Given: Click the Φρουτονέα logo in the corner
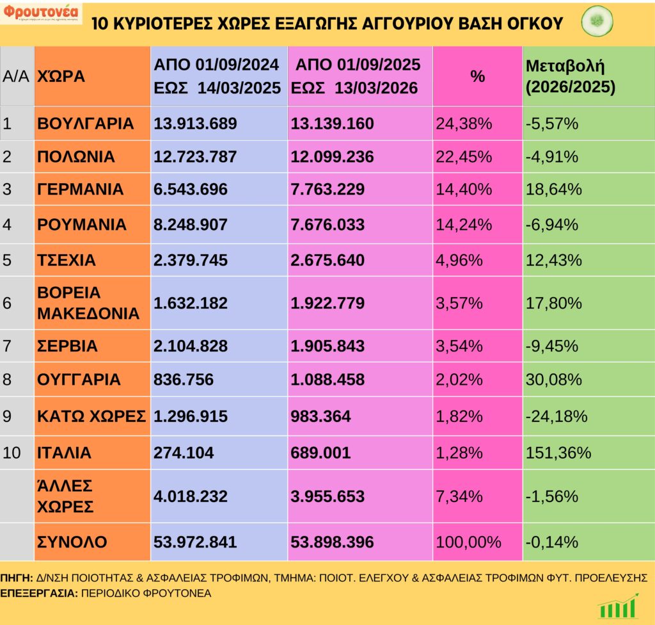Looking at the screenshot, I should click(x=41, y=13).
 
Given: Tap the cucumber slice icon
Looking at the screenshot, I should click(x=597, y=22).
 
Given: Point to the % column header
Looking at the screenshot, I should click(x=477, y=76).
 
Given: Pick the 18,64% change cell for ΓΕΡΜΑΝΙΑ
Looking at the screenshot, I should click(x=553, y=190).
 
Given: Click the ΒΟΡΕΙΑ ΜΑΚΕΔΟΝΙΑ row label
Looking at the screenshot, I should click(x=88, y=303).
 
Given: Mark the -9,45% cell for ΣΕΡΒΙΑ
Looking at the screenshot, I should click(x=551, y=346).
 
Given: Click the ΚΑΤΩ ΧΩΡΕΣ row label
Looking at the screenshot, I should click(x=91, y=416).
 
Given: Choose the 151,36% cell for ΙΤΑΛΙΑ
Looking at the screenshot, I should click(x=557, y=453).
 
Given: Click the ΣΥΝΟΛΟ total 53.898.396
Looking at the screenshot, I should click(x=333, y=542).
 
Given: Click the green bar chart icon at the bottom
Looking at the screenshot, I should click(x=618, y=606).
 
